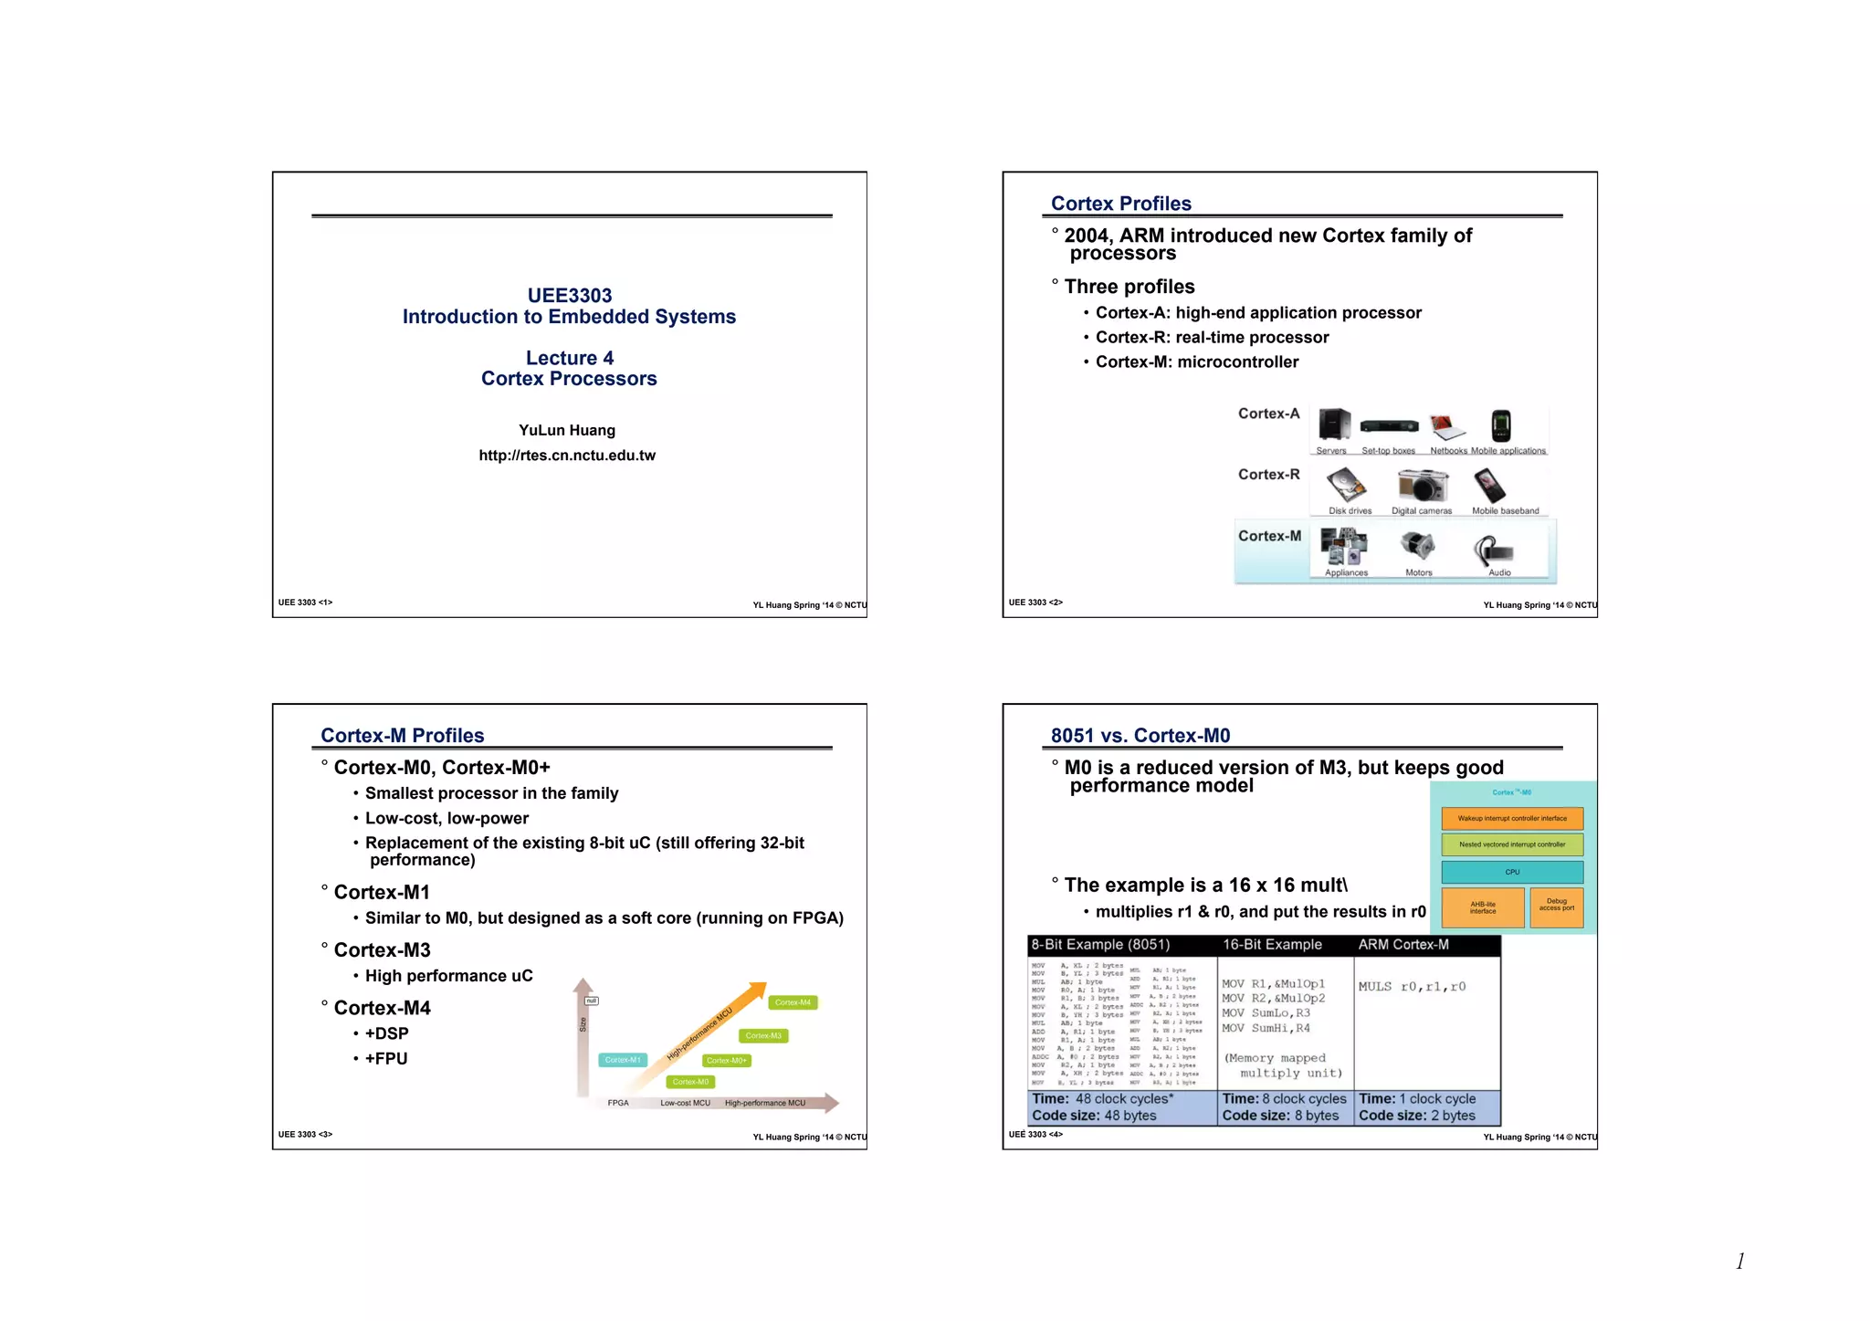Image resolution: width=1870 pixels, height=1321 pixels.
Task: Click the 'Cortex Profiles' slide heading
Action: pos(1120,204)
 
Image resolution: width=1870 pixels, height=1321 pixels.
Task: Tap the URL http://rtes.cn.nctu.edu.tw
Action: pos(567,456)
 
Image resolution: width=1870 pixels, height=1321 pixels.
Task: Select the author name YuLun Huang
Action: pos(567,430)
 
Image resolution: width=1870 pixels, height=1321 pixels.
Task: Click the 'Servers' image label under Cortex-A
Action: pos(1330,451)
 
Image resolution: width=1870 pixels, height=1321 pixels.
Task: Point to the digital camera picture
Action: pos(1422,486)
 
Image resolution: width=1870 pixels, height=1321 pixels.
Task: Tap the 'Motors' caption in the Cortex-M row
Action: pos(1418,573)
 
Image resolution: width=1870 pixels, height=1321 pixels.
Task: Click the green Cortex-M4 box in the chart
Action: pos(793,1002)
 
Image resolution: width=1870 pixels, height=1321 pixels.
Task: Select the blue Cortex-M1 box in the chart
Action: pos(623,1060)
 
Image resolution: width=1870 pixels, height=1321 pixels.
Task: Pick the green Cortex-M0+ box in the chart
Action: pos(727,1061)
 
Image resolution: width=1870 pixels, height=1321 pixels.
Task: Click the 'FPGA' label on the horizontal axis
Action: pos(618,1103)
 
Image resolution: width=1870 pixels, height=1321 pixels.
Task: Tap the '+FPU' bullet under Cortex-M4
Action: pos(386,1059)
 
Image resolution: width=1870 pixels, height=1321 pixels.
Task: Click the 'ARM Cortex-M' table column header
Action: pos(1402,945)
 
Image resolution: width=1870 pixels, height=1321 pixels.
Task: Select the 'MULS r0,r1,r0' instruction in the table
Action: pos(1412,987)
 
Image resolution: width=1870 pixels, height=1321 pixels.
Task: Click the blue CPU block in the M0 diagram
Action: pos(1512,872)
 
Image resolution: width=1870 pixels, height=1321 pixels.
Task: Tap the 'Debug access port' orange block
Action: pos(1556,905)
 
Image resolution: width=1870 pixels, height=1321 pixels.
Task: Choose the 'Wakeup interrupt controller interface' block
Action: pos(1512,818)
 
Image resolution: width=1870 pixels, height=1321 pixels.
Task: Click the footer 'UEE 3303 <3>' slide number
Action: pos(305,1135)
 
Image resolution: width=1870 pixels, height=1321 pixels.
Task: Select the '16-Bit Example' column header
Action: pos(1272,945)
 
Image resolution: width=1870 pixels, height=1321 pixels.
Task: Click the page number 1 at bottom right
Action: pos(1740,1262)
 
